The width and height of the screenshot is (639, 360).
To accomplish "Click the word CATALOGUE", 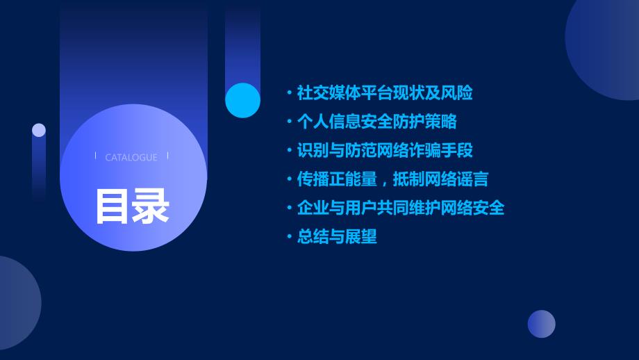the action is click(x=131, y=157).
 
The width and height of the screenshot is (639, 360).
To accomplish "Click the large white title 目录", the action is click(x=132, y=206).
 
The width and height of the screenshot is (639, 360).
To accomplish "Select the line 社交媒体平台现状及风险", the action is click(x=385, y=93).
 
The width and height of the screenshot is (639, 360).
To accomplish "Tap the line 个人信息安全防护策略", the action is click(x=377, y=122).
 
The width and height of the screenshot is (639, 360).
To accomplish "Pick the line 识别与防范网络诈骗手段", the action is click(x=385, y=150).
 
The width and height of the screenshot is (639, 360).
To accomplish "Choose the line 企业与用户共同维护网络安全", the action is click(x=401, y=208).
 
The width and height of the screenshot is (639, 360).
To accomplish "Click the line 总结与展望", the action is click(x=337, y=236).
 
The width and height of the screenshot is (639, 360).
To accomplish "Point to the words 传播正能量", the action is click(x=337, y=179).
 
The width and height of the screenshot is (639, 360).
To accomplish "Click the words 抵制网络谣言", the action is click(x=440, y=179).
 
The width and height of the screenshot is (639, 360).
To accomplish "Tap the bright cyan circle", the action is click(x=243, y=100).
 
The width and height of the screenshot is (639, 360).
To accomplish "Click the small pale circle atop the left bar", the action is click(x=39, y=130).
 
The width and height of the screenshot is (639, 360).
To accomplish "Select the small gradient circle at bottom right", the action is click(x=542, y=324).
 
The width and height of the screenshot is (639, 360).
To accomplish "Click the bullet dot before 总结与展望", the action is click(x=290, y=236).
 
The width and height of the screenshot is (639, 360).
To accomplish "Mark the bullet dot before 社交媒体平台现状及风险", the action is click(x=290, y=93).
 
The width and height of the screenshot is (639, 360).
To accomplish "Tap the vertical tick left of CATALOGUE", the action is click(x=95, y=156).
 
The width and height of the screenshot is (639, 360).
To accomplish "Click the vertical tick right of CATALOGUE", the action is click(x=168, y=156).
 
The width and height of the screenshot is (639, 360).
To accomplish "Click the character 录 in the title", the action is click(x=151, y=206).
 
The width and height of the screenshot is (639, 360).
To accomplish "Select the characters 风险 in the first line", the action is click(x=457, y=93).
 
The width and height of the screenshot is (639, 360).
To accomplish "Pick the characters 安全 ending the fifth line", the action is click(x=488, y=208).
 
